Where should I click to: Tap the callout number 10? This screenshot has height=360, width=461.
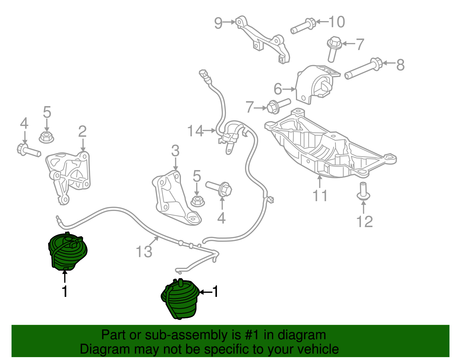[337, 22]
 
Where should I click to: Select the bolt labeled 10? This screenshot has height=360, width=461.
[303, 26]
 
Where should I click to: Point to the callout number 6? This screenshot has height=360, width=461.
[278, 89]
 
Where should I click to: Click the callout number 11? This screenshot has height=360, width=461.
[320, 196]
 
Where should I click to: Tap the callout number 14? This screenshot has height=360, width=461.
[195, 131]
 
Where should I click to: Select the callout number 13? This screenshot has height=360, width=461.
[144, 252]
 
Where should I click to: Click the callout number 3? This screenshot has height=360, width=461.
[175, 151]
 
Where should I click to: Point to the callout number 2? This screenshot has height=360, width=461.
[82, 131]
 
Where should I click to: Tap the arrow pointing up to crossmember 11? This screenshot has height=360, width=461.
[320, 182]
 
